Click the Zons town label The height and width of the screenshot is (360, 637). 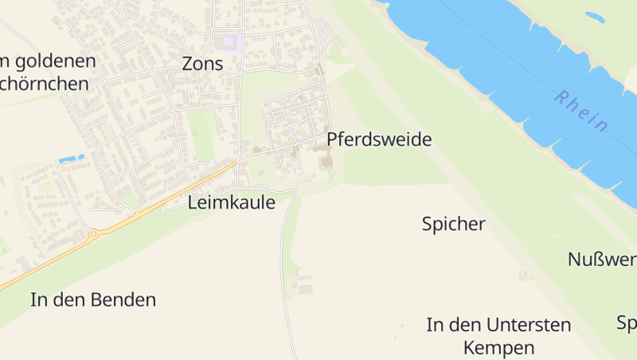click(202, 64)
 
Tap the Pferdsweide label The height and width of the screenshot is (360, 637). click(379, 140)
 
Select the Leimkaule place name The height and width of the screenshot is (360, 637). click(232, 203)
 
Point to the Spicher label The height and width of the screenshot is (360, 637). click(453, 224)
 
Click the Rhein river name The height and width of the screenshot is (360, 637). click(582, 112)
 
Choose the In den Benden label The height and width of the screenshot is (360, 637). click(93, 300)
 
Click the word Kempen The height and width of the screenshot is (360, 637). click(498, 348)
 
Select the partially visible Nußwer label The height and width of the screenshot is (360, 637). click(602, 260)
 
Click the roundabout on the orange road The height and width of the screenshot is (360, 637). click(93, 234)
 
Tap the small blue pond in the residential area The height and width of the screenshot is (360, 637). click(72, 158)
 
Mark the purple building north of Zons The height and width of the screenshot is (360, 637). click(231, 40)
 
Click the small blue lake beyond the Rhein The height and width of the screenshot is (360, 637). click(595, 16)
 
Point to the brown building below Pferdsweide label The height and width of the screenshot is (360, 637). click(326, 162)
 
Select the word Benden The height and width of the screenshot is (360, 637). click(123, 300)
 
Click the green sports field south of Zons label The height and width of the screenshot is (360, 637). click(202, 135)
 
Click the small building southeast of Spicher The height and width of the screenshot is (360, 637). click(524, 275)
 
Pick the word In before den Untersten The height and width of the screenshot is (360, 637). click(435, 325)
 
